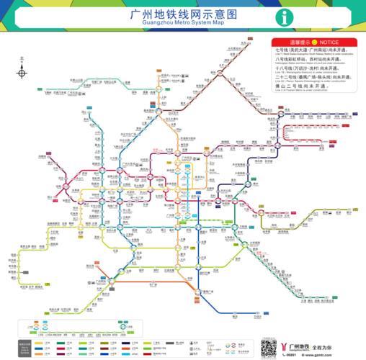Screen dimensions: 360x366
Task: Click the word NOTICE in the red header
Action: pos(329,43)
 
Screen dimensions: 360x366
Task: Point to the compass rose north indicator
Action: pos(22,72)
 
